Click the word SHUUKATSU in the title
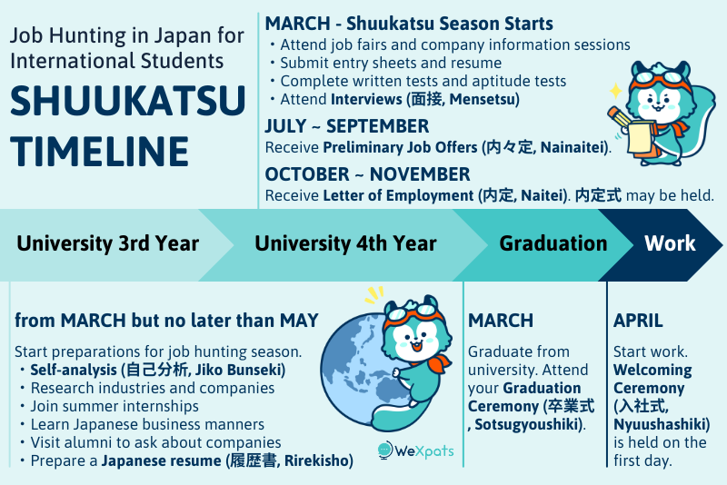coord(127,100)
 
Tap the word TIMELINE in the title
coord(100,149)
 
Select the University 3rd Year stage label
coord(107,243)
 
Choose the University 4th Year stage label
coord(345,243)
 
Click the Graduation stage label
coord(553,243)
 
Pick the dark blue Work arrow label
coord(670,243)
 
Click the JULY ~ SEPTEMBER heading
coord(346,126)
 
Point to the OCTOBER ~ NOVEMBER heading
coord(367,173)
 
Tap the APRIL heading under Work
coord(638,321)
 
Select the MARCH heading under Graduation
coord(501,321)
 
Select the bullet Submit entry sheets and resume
coord(391,63)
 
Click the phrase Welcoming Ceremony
coord(652,379)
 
